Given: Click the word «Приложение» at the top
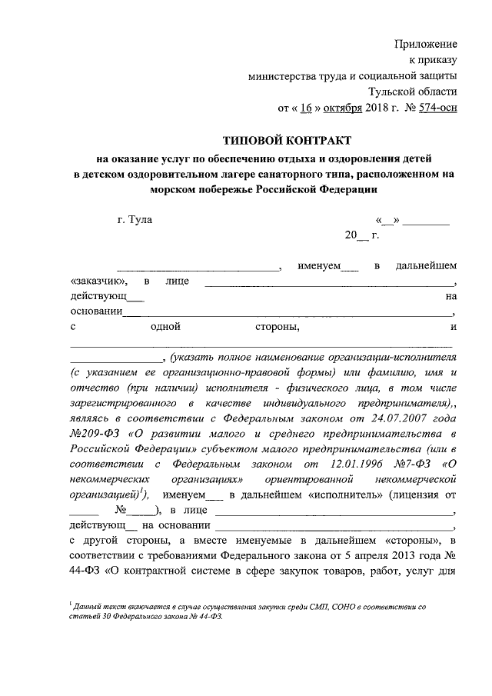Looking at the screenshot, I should click(x=426, y=44).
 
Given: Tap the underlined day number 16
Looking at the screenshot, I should click(x=305, y=108).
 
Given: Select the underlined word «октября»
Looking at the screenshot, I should click(x=341, y=108).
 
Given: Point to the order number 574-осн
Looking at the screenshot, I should click(x=438, y=108).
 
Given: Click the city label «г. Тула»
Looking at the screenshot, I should click(x=135, y=221).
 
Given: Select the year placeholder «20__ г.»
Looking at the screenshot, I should click(x=362, y=235).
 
